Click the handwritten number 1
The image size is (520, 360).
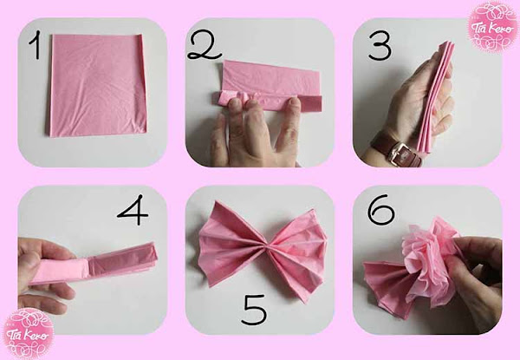(x=34, y=49)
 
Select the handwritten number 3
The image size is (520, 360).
(x=379, y=46)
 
